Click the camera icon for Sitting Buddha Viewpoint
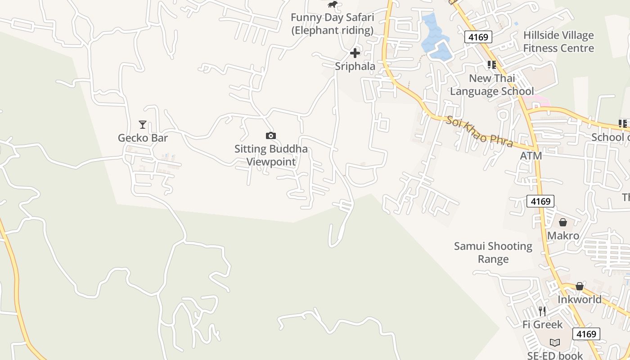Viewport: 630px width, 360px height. point(270,135)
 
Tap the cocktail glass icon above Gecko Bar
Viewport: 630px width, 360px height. point(143,124)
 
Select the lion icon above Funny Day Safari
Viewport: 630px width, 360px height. point(333,4)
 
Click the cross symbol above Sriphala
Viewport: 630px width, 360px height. point(355,53)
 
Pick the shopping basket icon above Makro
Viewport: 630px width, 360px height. point(563,222)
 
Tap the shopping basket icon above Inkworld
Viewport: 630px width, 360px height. point(580,286)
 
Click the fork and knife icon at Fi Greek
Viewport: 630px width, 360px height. point(542,311)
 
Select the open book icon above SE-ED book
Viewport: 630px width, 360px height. point(555,343)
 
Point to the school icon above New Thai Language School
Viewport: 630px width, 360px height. point(492,65)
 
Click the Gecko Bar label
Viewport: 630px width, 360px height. point(143,138)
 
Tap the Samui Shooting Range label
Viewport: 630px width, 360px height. point(493,252)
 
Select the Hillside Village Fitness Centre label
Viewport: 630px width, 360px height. point(558,41)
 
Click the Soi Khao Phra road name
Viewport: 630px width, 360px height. point(479,131)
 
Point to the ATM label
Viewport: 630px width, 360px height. point(531,156)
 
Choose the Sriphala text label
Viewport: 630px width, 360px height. point(355,66)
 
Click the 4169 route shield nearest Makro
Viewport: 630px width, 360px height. point(540,201)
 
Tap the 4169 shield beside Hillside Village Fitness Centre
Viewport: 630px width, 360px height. point(478,37)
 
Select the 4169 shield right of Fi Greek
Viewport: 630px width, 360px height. point(586,333)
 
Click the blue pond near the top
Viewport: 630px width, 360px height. point(433,38)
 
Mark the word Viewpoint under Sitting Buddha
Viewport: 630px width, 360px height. point(271,162)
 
